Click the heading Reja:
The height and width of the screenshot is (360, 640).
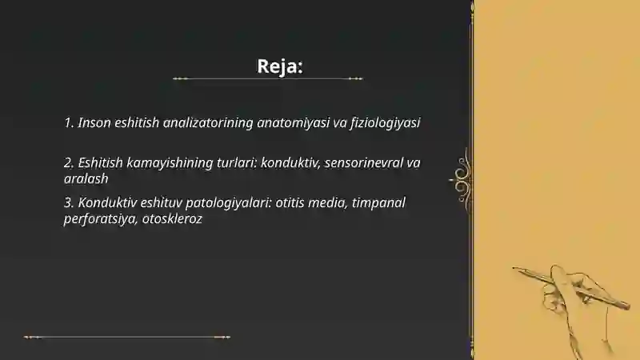pos(280,66)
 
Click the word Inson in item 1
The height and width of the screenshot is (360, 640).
pos(95,123)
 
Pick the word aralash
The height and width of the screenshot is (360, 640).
pos(86,179)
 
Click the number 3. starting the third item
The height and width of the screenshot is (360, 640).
pos(69,203)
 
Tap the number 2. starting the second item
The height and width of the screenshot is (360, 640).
pos(69,163)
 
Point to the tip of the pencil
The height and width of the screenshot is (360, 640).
pos(515,268)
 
